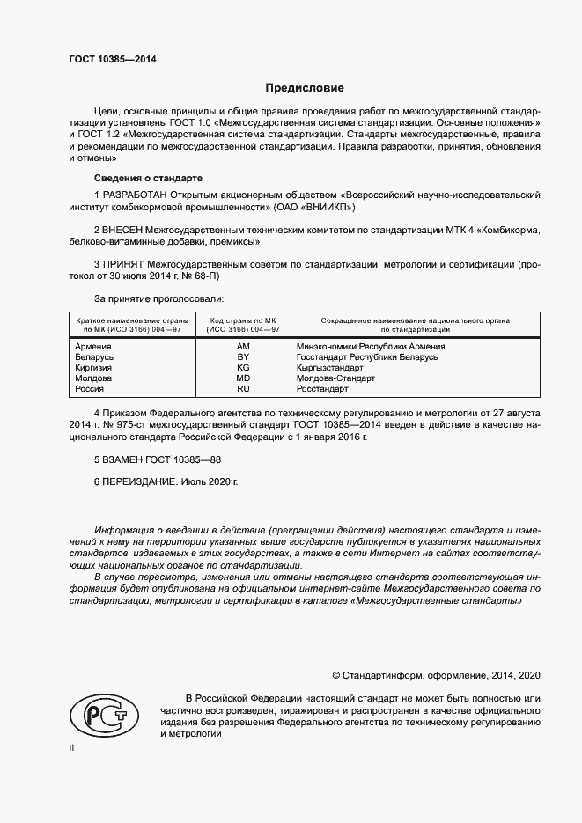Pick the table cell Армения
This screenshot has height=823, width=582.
[x=93, y=347]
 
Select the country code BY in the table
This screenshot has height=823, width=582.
[x=244, y=357]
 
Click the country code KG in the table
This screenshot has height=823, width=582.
[x=244, y=368]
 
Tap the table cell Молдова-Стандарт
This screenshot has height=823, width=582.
[x=336, y=378]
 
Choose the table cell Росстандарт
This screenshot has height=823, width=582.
[x=323, y=389]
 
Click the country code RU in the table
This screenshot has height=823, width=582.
[x=244, y=389]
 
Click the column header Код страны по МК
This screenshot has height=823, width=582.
[x=244, y=320]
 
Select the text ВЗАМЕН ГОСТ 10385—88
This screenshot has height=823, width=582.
[x=157, y=459]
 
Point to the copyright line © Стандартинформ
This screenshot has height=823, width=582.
[x=436, y=675]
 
